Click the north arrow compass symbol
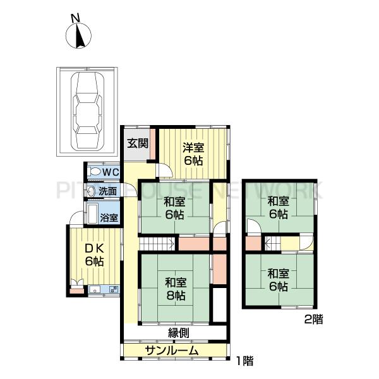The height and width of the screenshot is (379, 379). click(x=78, y=36)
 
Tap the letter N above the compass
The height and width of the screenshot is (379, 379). click(x=75, y=18)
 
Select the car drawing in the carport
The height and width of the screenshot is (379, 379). click(x=88, y=111)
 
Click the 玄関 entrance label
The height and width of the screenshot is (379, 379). click(x=138, y=143)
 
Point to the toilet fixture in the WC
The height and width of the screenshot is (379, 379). click(x=94, y=172)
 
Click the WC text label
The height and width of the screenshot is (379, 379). click(x=111, y=172)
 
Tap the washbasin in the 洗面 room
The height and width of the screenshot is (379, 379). click(x=91, y=191)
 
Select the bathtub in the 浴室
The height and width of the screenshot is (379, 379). click(x=93, y=214)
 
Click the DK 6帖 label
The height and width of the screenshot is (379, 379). click(x=94, y=255)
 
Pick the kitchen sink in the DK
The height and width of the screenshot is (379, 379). click(x=95, y=289)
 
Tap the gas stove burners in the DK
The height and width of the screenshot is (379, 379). click(x=114, y=289)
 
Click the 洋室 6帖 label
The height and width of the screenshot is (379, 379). click(x=193, y=154)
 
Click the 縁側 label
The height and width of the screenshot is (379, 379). click(x=179, y=333)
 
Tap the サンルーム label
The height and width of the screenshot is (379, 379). click(x=172, y=351)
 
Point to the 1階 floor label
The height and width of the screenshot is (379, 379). click(x=244, y=361)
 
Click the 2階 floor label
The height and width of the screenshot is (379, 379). click(x=313, y=320)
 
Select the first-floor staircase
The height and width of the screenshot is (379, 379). click(x=157, y=244)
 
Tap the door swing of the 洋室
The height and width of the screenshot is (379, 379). click(x=165, y=171)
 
